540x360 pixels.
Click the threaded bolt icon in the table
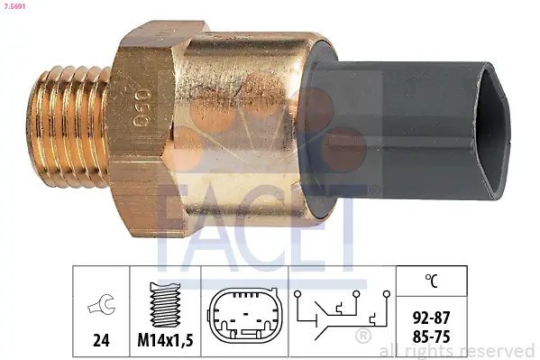click(165, 301)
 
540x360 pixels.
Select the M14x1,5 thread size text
click(165, 343)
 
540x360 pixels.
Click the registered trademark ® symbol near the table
click(363, 337)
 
